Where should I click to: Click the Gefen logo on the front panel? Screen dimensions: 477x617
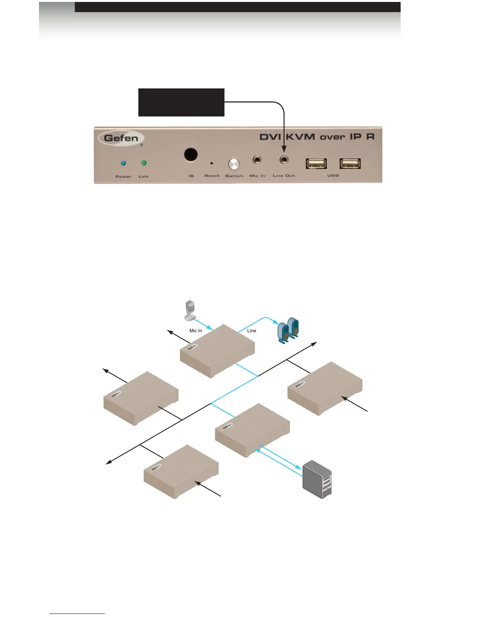point(121,138)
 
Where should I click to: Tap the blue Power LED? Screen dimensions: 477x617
point(123,163)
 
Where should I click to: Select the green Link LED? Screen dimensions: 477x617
point(144,163)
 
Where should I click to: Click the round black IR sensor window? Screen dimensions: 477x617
point(191,155)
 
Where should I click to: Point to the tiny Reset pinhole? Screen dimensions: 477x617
point(212,163)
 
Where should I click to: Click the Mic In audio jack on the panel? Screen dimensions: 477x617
point(257,160)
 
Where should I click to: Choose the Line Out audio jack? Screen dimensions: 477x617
point(284,160)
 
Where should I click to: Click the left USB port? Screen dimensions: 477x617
point(316,164)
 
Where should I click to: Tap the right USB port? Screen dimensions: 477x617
point(350,164)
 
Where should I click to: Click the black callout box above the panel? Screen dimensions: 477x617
point(181,102)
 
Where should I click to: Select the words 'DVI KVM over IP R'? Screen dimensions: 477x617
point(317,137)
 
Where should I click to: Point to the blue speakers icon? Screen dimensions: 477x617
point(288,331)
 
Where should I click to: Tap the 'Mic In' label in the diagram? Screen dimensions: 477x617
point(196,331)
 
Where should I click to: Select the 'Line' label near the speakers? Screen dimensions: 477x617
point(252,331)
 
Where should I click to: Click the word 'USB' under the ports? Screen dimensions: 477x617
point(333,176)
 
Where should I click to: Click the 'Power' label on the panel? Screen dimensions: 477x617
point(124,176)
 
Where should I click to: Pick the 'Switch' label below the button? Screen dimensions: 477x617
point(234,176)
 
